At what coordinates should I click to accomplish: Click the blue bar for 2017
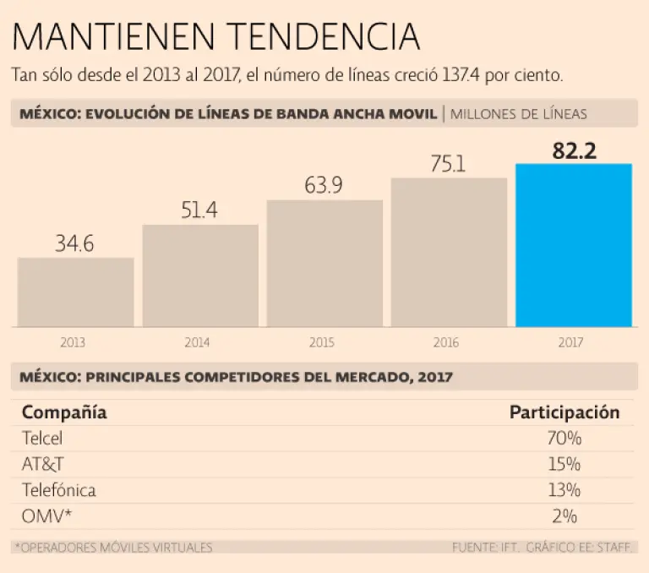point(574,245)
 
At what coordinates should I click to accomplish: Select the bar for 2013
point(75,292)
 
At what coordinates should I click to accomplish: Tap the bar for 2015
point(324,263)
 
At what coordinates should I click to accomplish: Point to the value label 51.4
point(199,210)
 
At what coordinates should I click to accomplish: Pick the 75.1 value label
point(448,164)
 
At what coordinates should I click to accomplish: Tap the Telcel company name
point(42,439)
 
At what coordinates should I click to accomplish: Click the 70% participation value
point(564,439)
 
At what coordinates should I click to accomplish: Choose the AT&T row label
point(41,464)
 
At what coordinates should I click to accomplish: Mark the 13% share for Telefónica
point(564,490)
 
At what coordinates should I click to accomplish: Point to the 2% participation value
point(565,516)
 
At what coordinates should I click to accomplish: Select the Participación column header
point(564,412)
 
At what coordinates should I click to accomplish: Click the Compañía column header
point(64,412)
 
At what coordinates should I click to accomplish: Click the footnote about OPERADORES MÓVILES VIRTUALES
point(114,547)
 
